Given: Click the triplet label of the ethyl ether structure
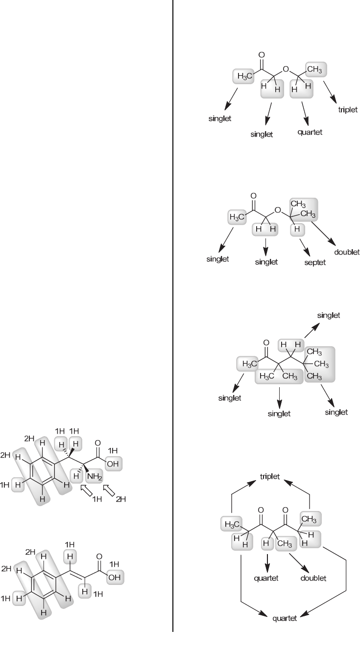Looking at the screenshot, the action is coord(348,110).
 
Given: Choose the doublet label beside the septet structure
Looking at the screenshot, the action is coord(347,253).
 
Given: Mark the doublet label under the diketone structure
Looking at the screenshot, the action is coord(313,578).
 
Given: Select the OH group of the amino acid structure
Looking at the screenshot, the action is coord(114,464).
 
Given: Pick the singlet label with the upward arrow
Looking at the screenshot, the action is coord(328,316).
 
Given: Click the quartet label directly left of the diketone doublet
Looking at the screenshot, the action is coord(266,578).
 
